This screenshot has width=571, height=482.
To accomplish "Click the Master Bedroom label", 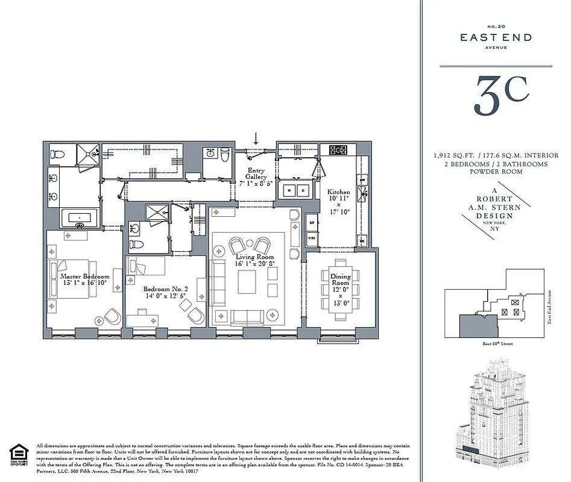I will (x=84, y=277).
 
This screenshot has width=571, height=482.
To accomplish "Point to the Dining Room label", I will (x=341, y=279).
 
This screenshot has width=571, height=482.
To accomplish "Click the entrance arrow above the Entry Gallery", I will (x=256, y=139).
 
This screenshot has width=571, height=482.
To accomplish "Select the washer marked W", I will (x=289, y=191).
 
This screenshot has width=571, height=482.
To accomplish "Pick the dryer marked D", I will (x=303, y=191).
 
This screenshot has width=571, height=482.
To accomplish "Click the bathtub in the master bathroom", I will (x=78, y=218).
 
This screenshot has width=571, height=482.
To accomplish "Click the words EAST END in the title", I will (x=496, y=37).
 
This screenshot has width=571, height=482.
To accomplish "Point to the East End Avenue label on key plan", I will (x=550, y=306).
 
